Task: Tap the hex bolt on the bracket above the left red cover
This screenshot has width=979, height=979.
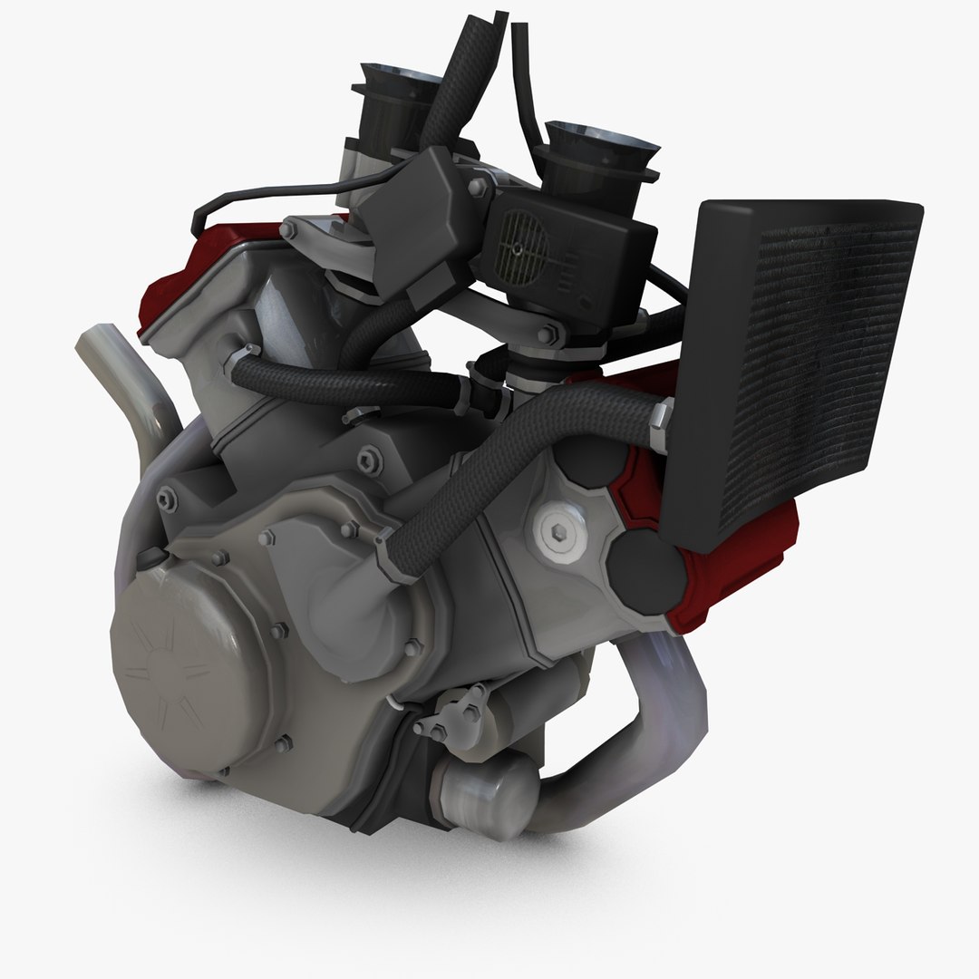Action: click(x=288, y=231)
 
